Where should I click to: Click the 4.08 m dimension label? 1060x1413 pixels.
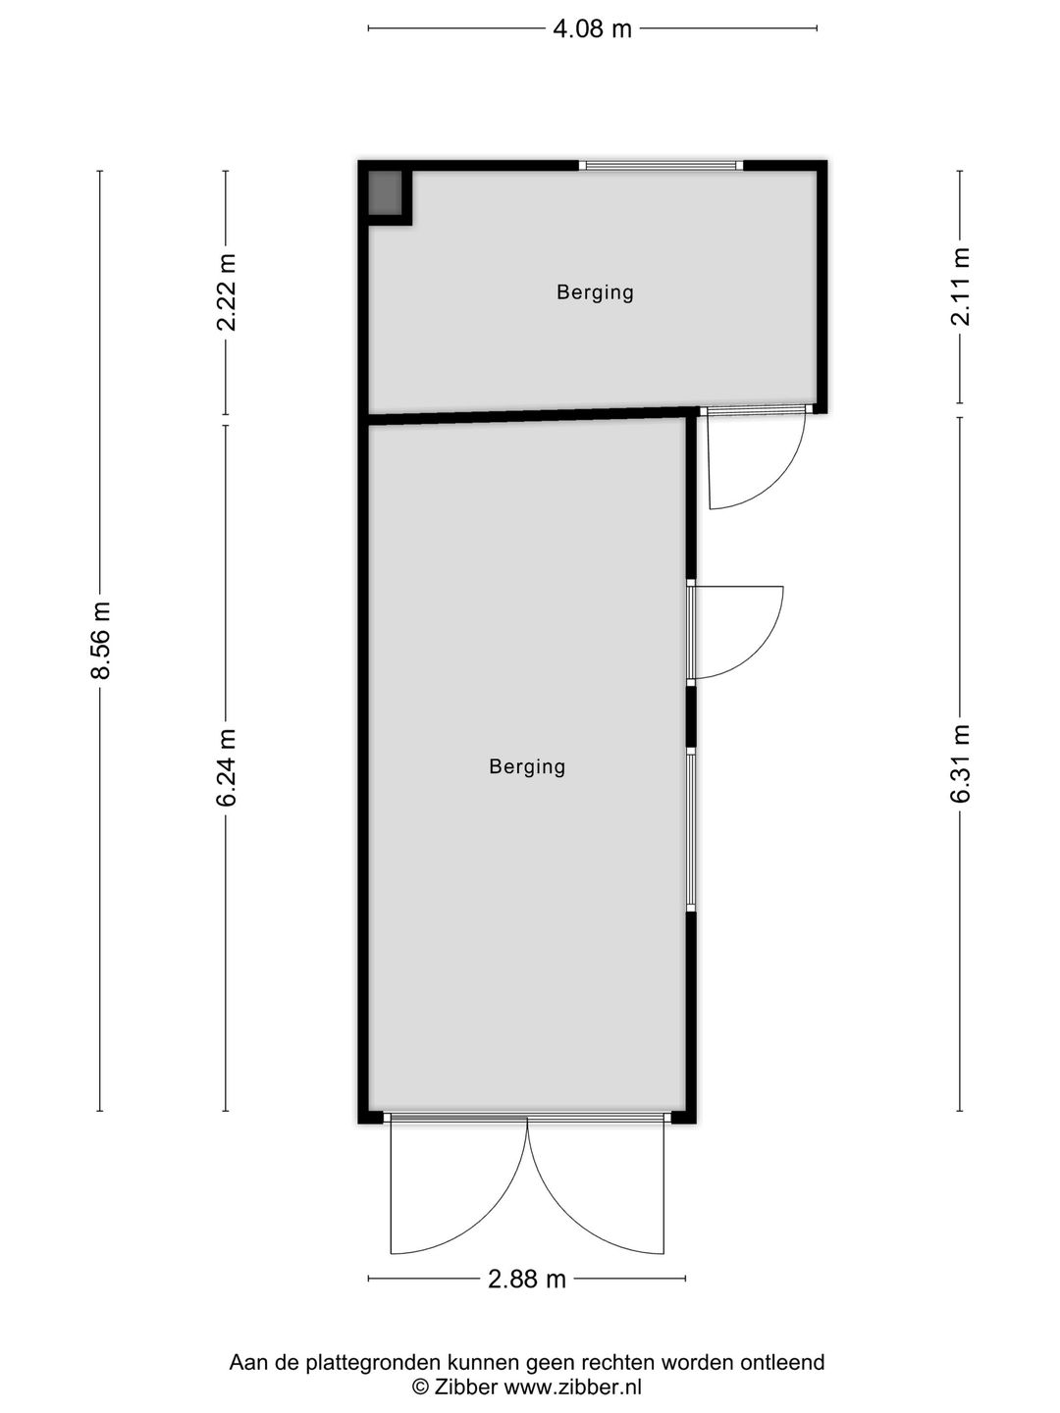(592, 29)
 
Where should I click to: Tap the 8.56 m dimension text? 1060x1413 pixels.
(101, 640)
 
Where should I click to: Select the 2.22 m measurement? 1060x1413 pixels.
(227, 291)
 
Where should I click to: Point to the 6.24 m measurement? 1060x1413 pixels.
(227, 767)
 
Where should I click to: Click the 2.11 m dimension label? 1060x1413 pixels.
(960, 287)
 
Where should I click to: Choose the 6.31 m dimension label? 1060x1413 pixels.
(960, 763)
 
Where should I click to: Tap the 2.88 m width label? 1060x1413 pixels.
(526, 1280)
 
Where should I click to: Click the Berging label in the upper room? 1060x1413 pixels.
(596, 292)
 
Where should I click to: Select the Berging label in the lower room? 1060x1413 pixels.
(527, 766)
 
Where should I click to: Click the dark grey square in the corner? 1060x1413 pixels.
(384, 193)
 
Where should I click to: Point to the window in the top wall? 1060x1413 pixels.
(661, 166)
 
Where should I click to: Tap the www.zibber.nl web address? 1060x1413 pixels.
(572, 1384)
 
